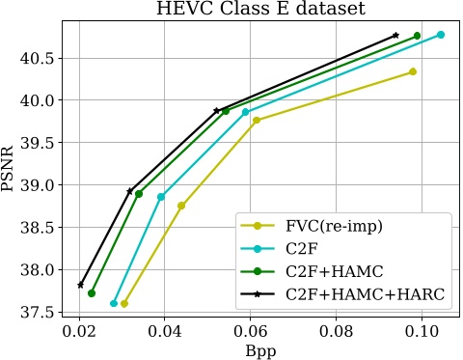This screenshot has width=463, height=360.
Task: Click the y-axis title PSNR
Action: point(11,170)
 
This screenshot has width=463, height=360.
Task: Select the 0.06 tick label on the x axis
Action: point(250,330)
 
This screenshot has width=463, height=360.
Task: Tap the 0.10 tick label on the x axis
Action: point(421,330)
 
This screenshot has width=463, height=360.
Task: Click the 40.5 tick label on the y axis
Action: point(40,58)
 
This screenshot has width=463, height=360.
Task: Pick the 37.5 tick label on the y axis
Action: point(40,312)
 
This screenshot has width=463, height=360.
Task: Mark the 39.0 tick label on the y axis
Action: point(40,184)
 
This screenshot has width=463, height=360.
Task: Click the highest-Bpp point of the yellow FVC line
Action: point(413,71)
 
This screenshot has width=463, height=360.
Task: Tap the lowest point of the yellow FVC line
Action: point(124,303)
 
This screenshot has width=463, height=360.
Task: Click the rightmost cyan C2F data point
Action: point(441,35)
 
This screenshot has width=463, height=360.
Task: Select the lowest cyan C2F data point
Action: point(114,303)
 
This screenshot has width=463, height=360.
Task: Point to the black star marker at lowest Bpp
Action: point(81,285)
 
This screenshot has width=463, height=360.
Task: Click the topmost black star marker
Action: point(396,35)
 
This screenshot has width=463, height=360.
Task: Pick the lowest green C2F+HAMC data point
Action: point(92,293)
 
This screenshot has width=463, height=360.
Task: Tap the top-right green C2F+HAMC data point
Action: point(418,36)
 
